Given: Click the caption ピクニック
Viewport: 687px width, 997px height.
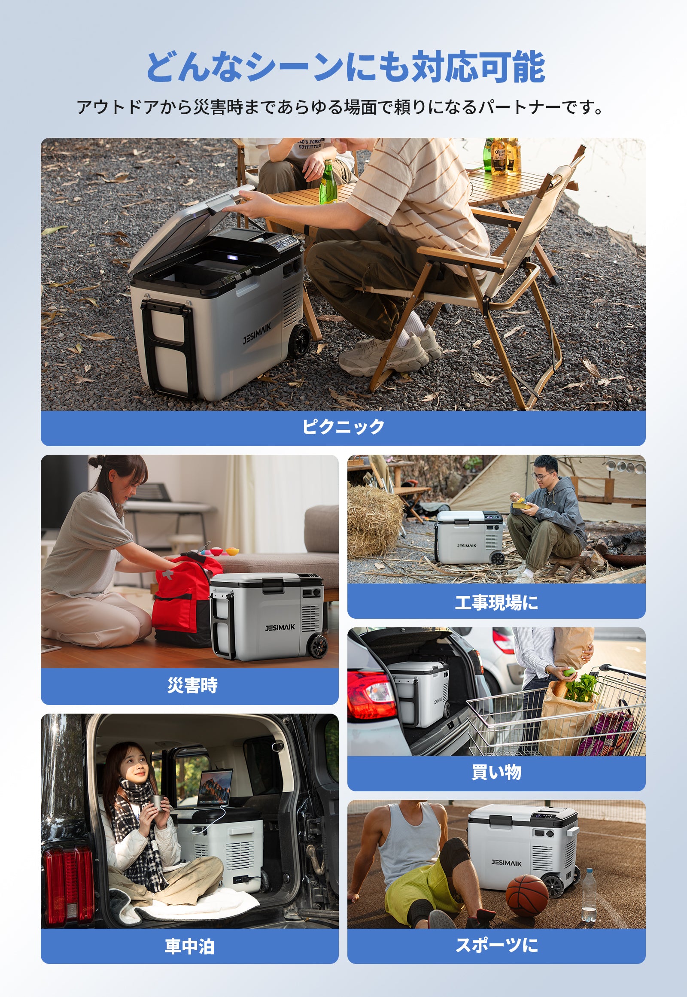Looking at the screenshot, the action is tap(343, 427).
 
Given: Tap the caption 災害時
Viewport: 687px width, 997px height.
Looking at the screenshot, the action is tap(192, 685).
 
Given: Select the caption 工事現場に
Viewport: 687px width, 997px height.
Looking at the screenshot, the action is tap(496, 602).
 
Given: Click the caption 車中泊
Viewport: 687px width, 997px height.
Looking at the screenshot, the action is tap(190, 946).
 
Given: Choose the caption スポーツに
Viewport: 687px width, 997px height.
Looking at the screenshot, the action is tap(496, 945).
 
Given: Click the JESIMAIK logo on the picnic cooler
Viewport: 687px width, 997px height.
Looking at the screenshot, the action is tap(257, 334).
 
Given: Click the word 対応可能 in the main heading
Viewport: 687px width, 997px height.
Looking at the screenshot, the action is tap(478, 67).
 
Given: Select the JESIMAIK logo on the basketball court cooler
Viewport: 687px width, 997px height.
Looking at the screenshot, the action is tap(507, 863).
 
